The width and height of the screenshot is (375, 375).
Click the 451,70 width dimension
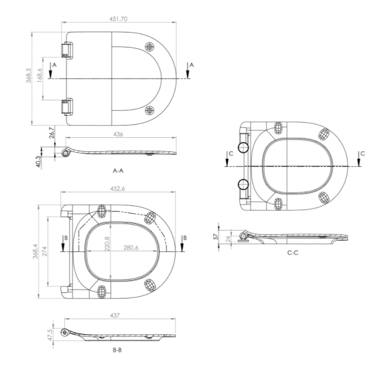pyautogui.click(x=119, y=19)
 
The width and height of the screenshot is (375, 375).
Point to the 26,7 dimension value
pyautogui.click(x=52, y=133)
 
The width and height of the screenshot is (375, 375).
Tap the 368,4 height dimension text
pyautogui.click(x=36, y=251)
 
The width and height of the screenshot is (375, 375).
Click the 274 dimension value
pyautogui.click(x=45, y=251)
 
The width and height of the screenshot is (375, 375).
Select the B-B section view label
pyautogui.click(x=118, y=350)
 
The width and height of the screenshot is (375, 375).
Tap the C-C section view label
pyautogui.click(x=293, y=253)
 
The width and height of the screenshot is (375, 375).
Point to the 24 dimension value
pyautogui.click(x=228, y=239)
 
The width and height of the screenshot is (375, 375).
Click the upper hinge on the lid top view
pyautogui.click(x=67, y=50)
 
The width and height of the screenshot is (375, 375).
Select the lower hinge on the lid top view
pyautogui.click(x=67, y=106)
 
